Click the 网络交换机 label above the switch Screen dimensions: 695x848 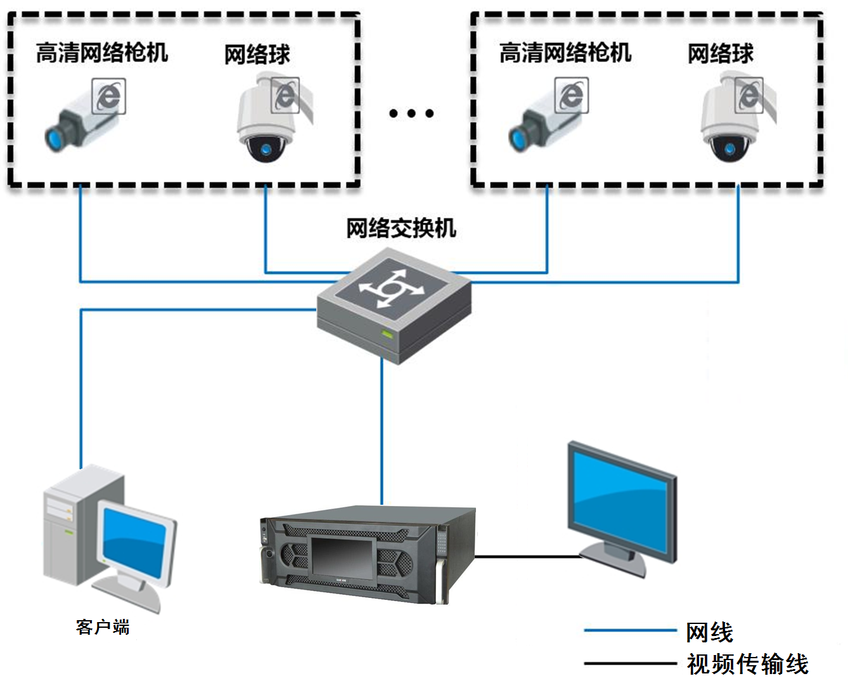401,228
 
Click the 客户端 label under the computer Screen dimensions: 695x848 103,627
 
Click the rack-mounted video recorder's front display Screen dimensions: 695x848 341,556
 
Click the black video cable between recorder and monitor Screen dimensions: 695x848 526,557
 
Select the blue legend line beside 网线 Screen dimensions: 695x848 630,630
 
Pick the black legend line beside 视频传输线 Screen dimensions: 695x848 630,663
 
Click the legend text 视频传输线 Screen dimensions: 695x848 748,664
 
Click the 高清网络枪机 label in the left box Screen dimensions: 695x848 101,53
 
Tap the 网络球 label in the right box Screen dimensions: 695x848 721,54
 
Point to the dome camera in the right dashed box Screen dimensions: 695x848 731,120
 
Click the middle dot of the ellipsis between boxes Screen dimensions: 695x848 411,114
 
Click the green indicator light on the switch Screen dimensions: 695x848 386,334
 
